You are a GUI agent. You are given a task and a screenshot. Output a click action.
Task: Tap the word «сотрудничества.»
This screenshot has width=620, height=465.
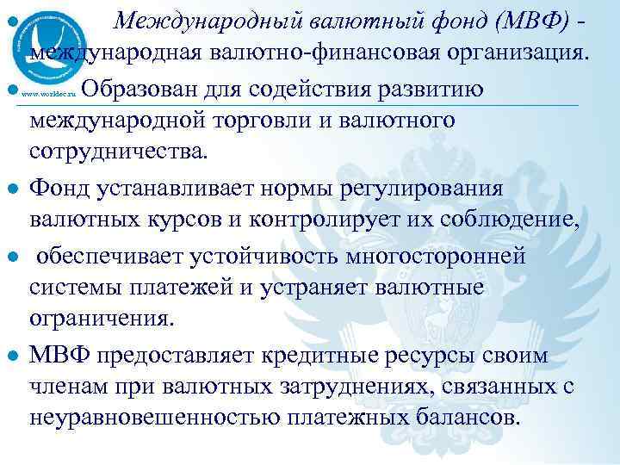click(118, 152)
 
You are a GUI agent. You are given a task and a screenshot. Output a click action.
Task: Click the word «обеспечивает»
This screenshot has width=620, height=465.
click(108, 256)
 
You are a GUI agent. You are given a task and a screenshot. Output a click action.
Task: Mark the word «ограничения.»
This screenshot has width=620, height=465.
click(102, 319)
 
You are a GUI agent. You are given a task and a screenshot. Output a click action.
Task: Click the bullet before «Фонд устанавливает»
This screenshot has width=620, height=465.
click(13, 189)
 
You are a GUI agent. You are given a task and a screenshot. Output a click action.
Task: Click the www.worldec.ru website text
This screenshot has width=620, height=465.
click(51, 92)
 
